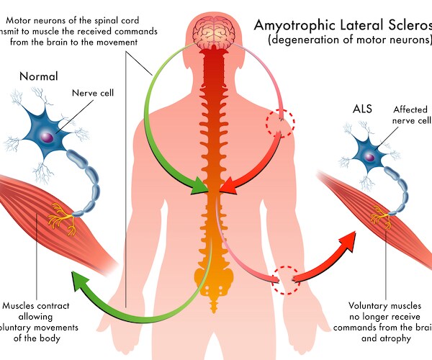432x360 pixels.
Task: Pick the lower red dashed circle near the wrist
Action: point(285,278)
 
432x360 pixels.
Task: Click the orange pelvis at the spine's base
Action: point(212,277)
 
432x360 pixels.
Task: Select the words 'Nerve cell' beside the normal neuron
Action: point(96,93)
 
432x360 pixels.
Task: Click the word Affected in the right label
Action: point(410,109)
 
